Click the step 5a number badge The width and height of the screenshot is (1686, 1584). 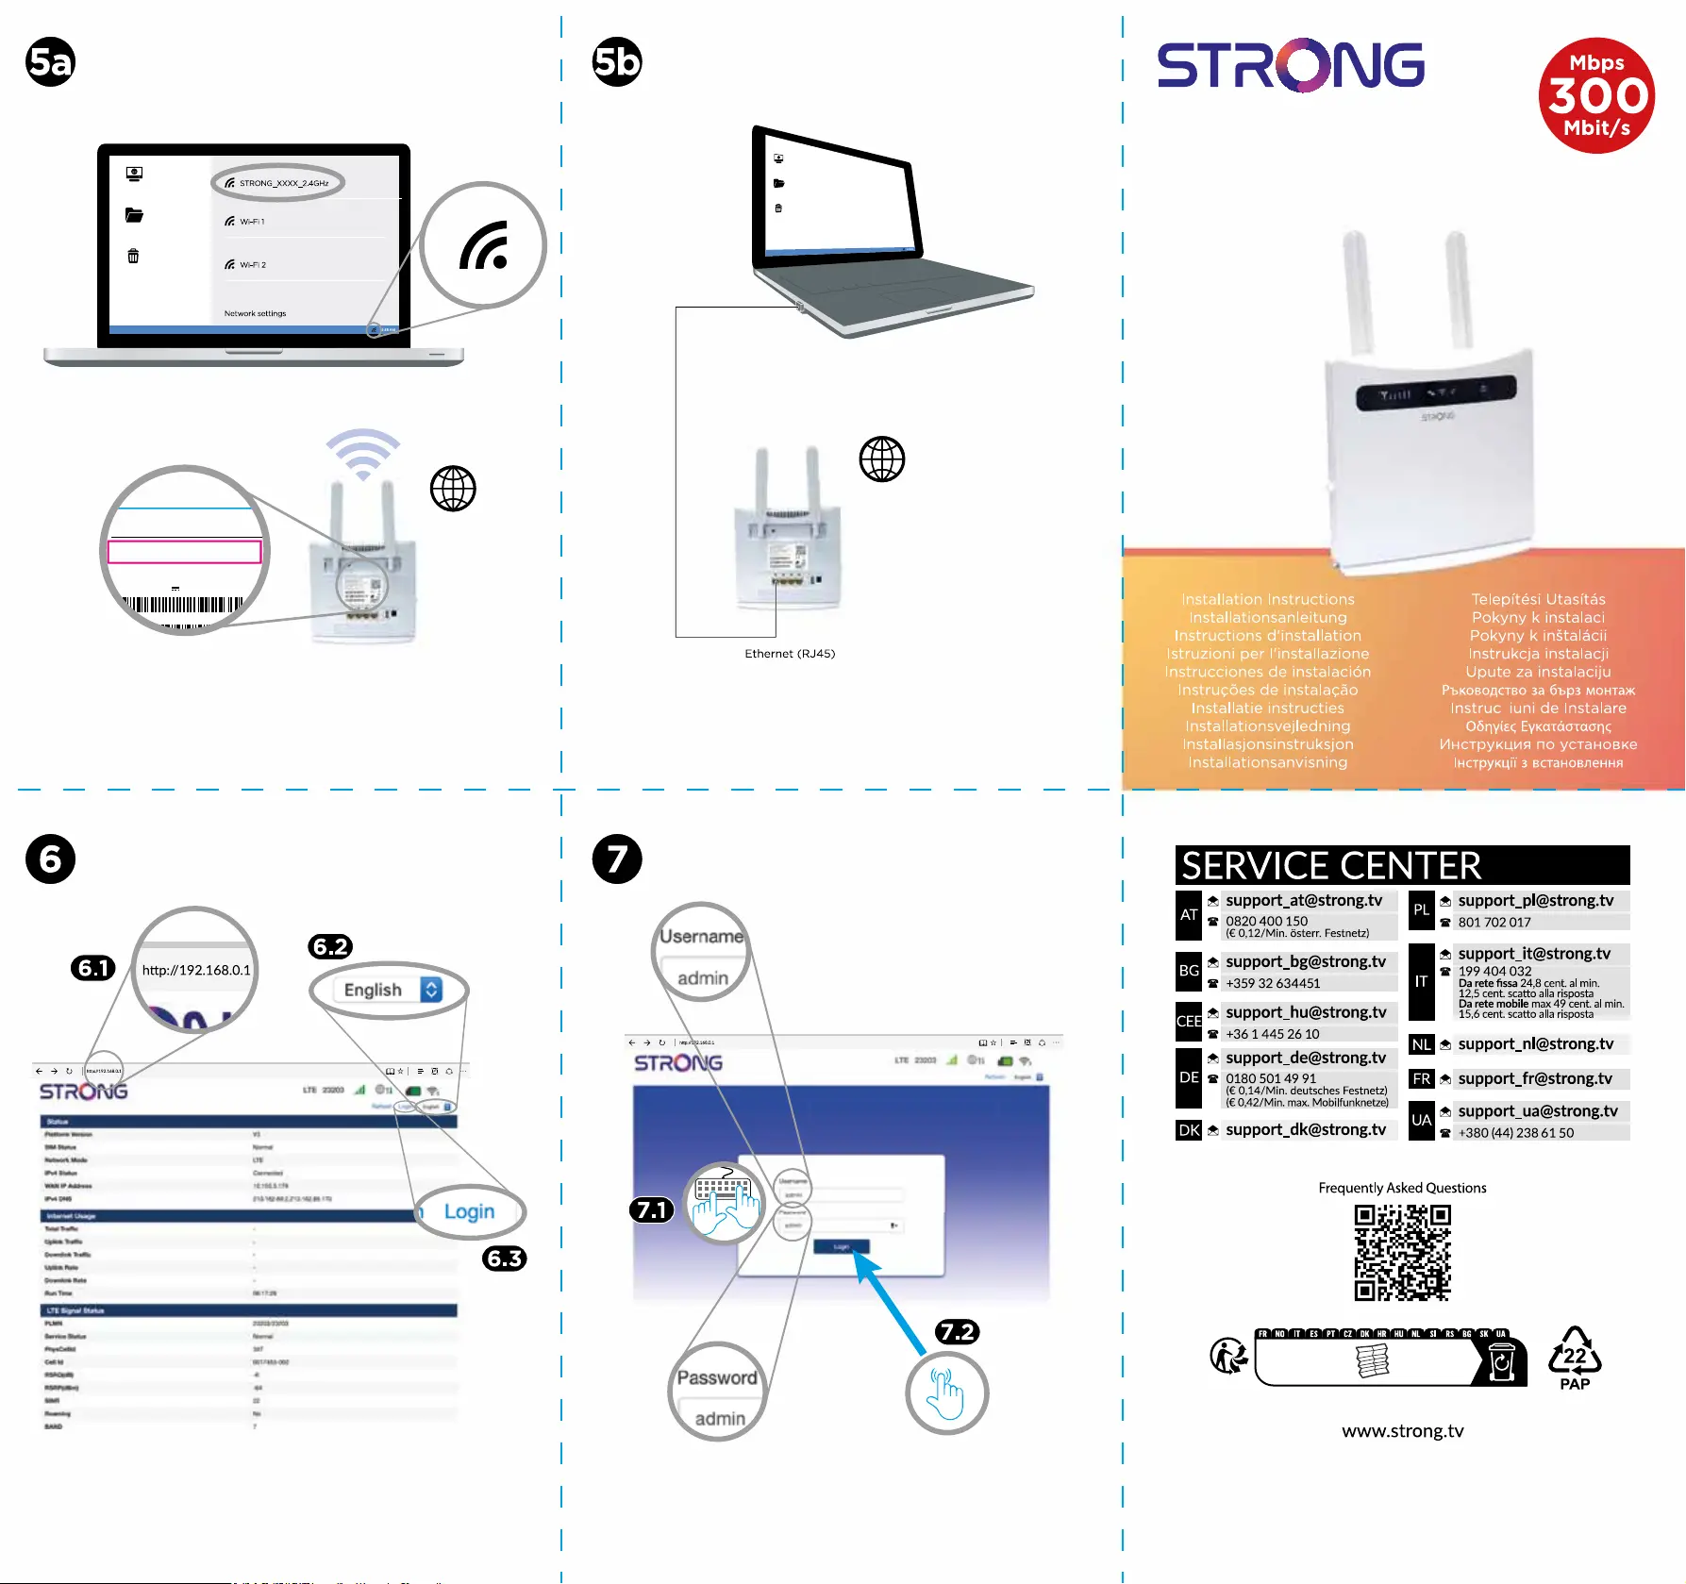pyautogui.click(x=50, y=62)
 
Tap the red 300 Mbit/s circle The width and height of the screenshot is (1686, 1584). pyautogui.click(x=1596, y=95)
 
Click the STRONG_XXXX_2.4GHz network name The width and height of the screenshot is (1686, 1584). pyautogui.click(x=283, y=183)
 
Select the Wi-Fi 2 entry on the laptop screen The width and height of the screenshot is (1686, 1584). pyautogui.click(x=252, y=265)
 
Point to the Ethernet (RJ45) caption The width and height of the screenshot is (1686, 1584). pyautogui.click(x=790, y=654)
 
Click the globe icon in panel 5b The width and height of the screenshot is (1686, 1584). pyautogui.click(x=881, y=459)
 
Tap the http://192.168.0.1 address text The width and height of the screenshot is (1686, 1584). pyautogui.click(x=196, y=970)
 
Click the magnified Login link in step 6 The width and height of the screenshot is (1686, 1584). pyautogui.click(x=469, y=1211)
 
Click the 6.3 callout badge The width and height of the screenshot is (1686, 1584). pyautogui.click(x=504, y=1259)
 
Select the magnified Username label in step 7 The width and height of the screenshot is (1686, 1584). pyautogui.click(x=701, y=936)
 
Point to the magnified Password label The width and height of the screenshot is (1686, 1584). pyautogui.click(x=717, y=1377)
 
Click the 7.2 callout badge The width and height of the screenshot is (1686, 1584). pyautogui.click(x=957, y=1331)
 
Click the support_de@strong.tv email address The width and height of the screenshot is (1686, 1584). pyautogui.click(x=1306, y=1058)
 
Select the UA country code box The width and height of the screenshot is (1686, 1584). pyautogui.click(x=1421, y=1120)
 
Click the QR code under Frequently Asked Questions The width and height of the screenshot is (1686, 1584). pyautogui.click(x=1402, y=1252)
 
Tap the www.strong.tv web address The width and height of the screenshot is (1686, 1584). pyautogui.click(x=1402, y=1431)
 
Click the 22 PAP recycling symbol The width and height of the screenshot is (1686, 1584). pyautogui.click(x=1575, y=1359)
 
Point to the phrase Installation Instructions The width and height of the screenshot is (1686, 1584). pyautogui.click(x=1267, y=599)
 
